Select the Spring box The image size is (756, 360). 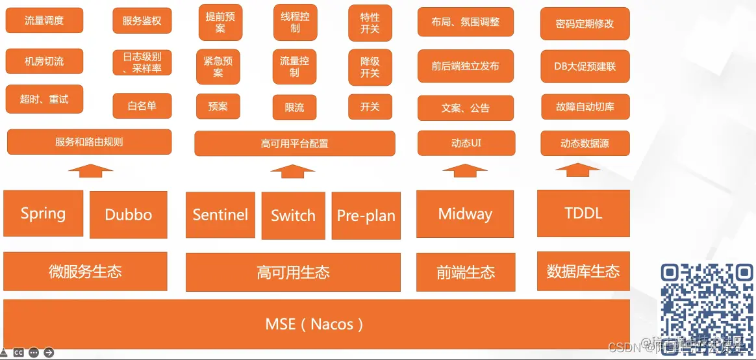click(x=44, y=213)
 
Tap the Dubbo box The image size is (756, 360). click(x=129, y=214)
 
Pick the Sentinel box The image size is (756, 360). click(x=220, y=214)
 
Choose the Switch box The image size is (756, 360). click(x=293, y=215)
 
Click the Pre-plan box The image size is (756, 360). click(x=366, y=216)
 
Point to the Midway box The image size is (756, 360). click(x=465, y=214)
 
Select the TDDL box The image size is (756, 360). click(x=583, y=213)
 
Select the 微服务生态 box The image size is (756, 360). click(x=85, y=271)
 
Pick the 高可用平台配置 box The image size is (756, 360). click(x=294, y=144)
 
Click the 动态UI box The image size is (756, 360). click(x=466, y=143)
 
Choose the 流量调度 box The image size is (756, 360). click(x=44, y=20)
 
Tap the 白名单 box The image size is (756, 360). click(x=142, y=106)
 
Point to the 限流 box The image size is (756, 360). click(x=294, y=107)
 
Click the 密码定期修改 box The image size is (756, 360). click(x=585, y=24)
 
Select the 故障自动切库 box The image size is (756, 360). click(x=585, y=107)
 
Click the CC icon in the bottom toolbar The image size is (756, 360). click(x=19, y=353)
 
